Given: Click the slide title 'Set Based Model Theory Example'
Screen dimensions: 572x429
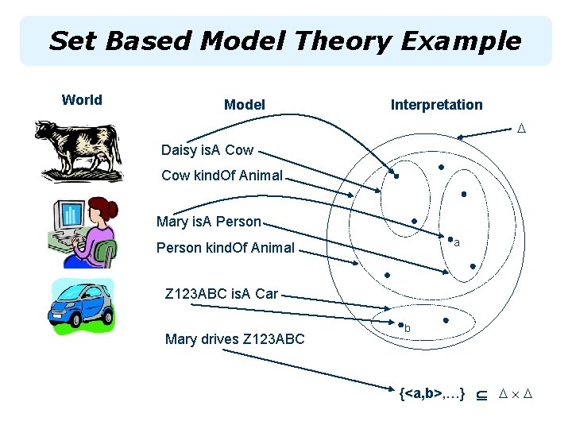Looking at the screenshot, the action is [285, 41].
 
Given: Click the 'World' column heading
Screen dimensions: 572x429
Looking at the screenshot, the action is [82, 100].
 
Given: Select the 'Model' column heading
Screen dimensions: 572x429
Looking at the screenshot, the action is [245, 105].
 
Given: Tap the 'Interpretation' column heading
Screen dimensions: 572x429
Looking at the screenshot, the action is [436, 105].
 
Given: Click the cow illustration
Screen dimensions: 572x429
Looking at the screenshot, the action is [78, 152].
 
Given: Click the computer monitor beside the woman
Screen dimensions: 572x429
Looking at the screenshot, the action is [70, 217].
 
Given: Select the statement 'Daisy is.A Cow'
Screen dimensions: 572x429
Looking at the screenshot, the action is [207, 149].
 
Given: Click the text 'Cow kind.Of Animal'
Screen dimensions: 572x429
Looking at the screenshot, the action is [222, 175].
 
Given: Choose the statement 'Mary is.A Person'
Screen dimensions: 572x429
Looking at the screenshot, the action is [209, 222].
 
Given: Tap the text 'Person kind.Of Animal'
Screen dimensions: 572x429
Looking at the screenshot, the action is [226, 248].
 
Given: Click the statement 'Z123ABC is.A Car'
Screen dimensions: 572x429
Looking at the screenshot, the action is [222, 294].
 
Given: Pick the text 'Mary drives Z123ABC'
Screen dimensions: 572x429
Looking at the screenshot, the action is [234, 339].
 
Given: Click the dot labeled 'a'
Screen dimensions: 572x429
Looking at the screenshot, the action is [450, 239].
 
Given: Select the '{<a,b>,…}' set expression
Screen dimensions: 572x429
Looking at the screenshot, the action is [432, 393].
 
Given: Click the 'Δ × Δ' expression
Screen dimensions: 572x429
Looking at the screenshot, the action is [515, 393].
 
